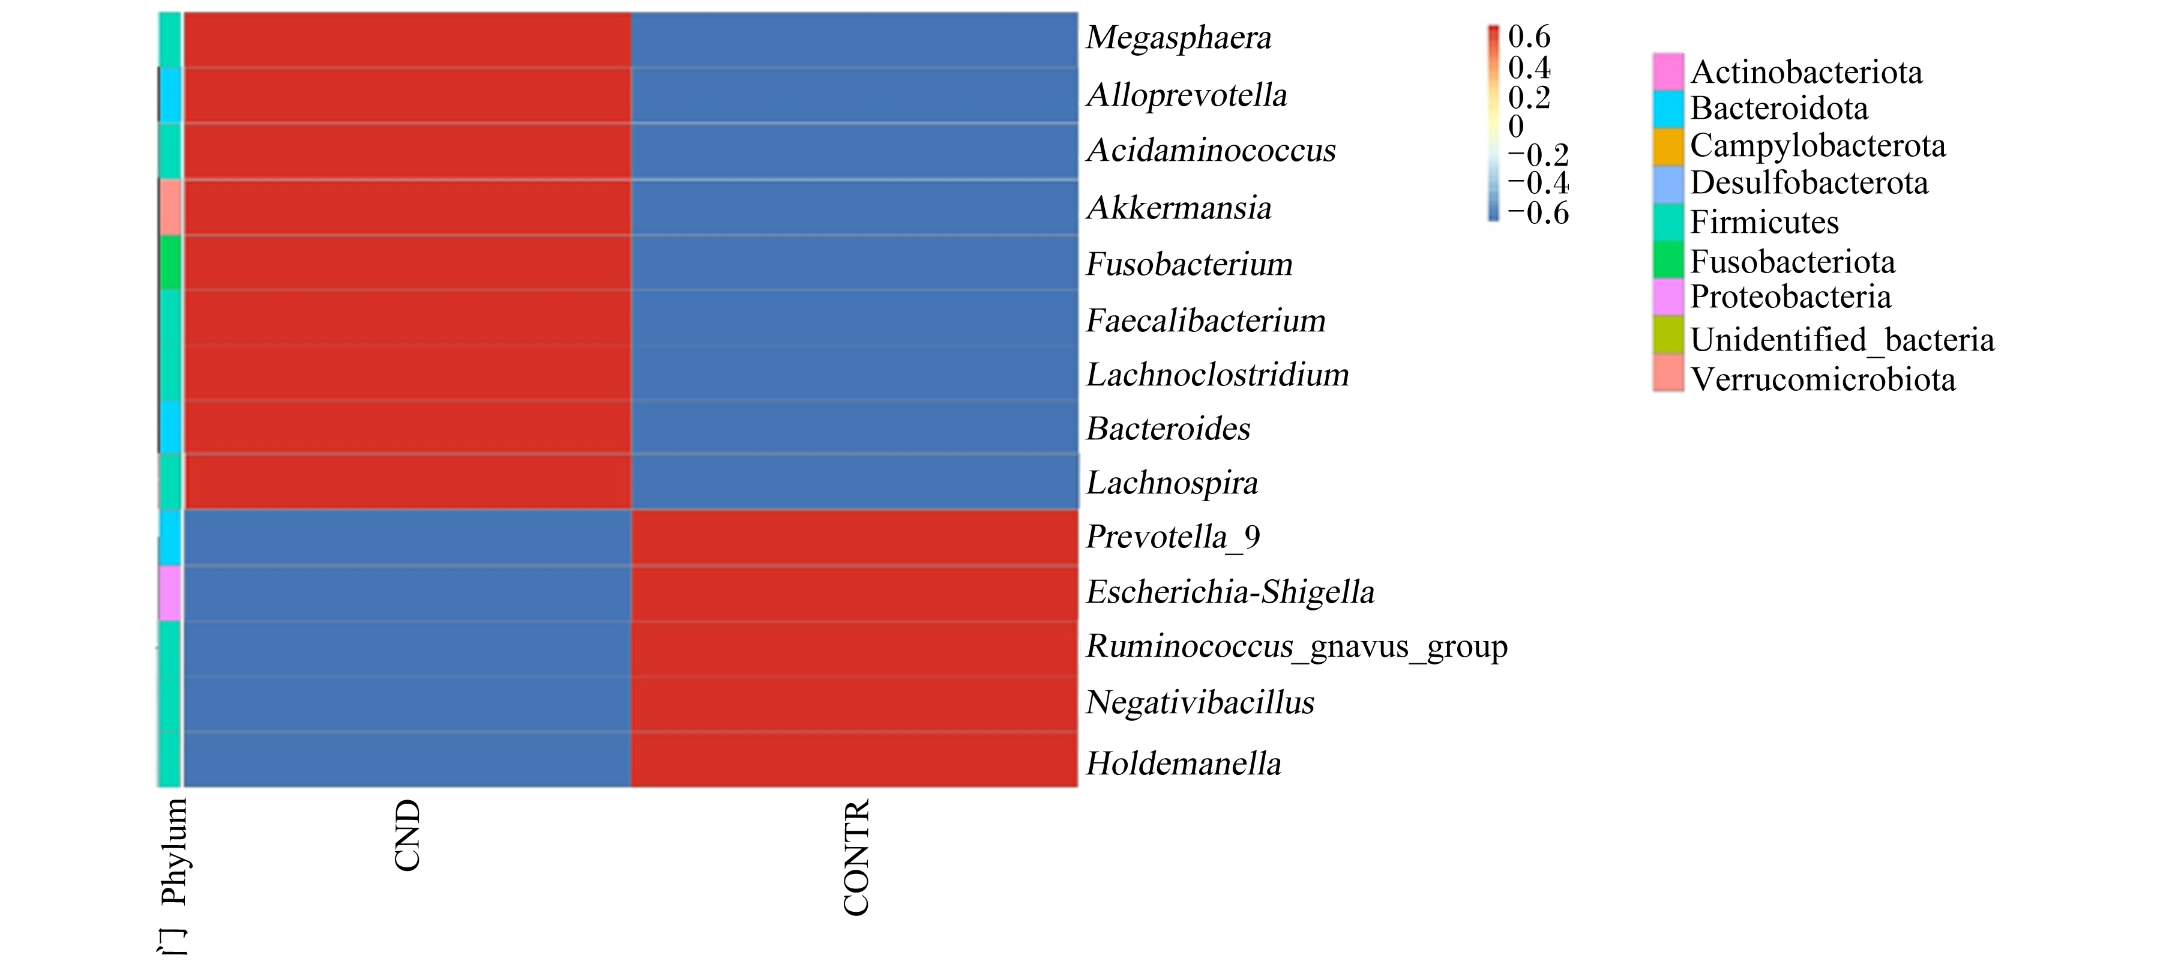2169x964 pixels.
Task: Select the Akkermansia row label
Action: (x=1179, y=207)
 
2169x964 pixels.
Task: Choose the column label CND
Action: (x=408, y=835)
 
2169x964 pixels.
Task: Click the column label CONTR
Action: (x=855, y=857)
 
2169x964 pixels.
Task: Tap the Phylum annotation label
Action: (x=173, y=851)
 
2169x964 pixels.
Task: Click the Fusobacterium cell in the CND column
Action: (x=408, y=263)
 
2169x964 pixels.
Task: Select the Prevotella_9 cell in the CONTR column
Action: (x=855, y=537)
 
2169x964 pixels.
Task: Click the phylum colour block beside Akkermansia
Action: (x=170, y=207)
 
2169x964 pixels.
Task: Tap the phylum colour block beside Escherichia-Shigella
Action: (x=170, y=592)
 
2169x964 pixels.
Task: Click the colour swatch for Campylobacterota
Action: (x=1668, y=146)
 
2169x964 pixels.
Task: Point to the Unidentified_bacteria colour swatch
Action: (x=1668, y=335)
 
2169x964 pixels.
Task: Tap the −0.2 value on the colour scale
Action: (x=1538, y=155)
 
